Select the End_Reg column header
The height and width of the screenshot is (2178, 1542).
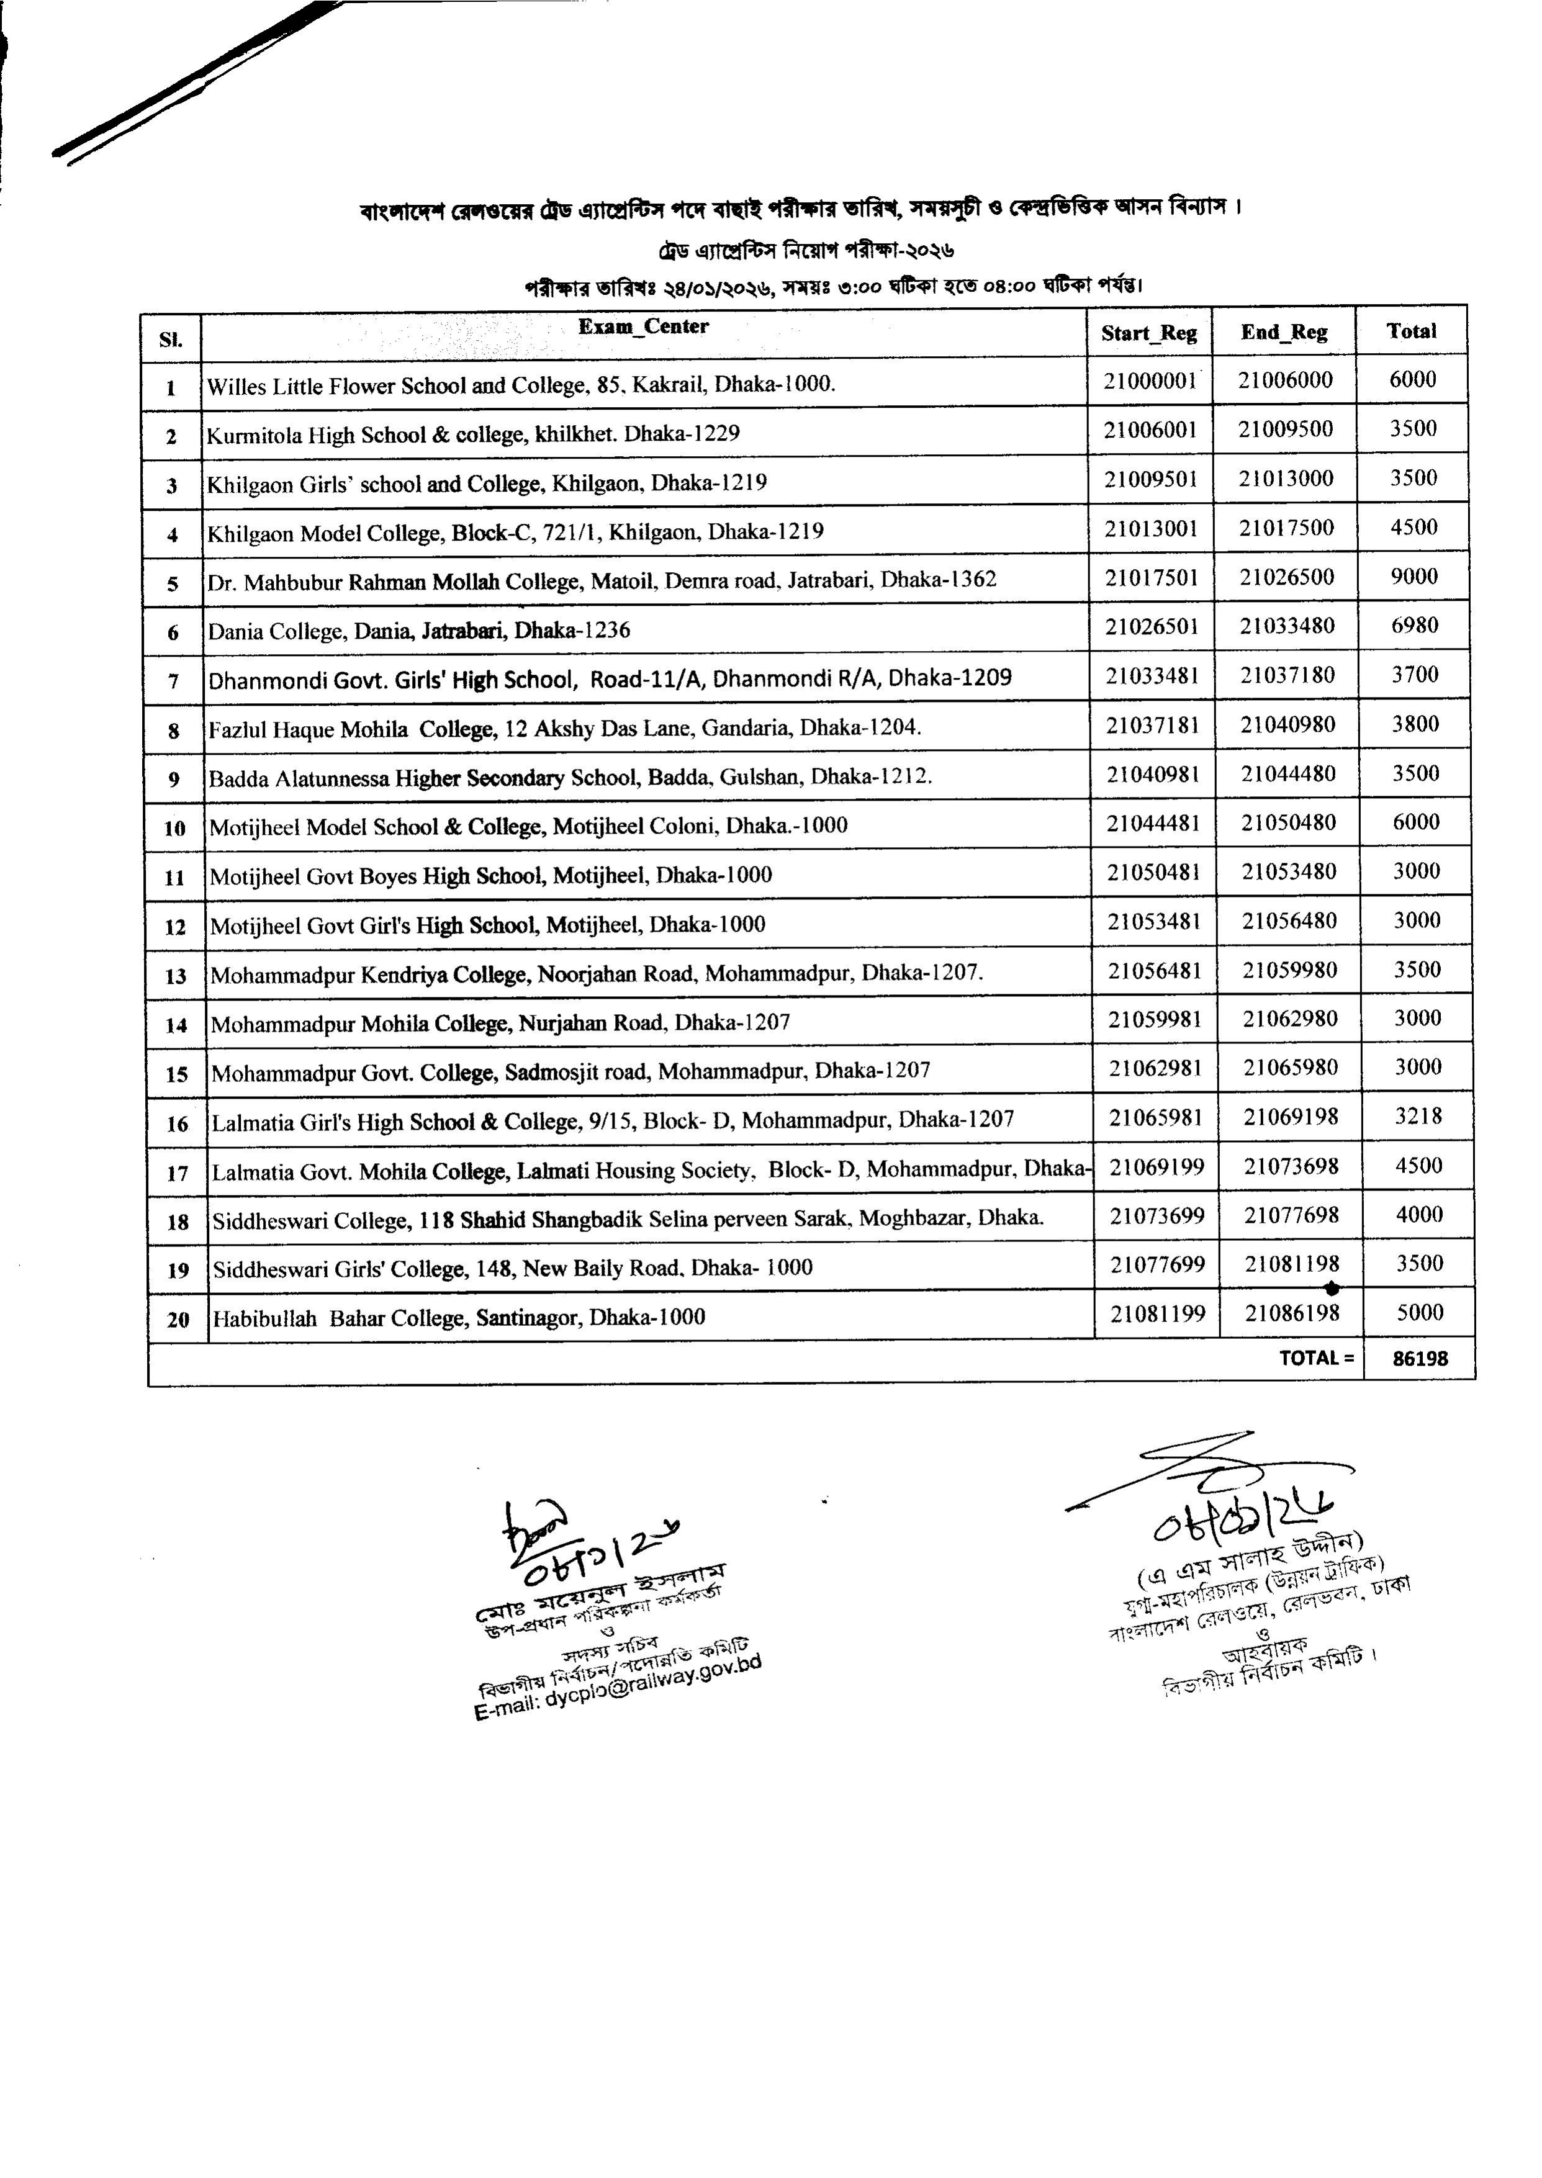[1284, 332]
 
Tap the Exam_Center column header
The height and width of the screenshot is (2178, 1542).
[643, 326]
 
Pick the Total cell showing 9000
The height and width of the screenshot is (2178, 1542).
[1414, 576]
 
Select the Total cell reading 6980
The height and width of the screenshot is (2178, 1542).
[1414, 626]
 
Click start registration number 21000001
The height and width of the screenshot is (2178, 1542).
[1150, 380]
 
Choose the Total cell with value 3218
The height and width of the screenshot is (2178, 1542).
[1418, 1117]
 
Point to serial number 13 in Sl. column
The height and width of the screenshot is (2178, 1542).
[176, 976]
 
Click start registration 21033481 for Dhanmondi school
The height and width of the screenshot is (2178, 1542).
[1152, 676]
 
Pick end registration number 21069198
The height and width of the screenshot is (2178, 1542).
[1291, 1117]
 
